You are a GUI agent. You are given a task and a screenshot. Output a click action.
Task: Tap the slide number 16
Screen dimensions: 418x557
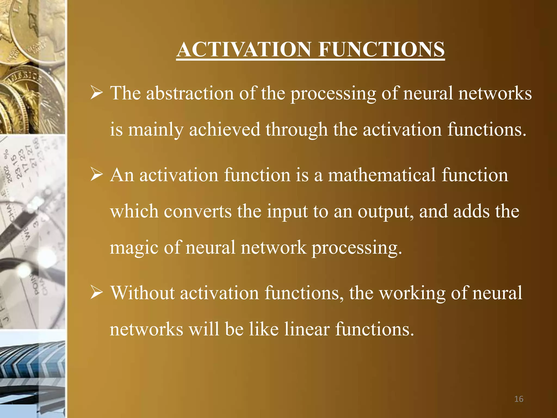click(519, 399)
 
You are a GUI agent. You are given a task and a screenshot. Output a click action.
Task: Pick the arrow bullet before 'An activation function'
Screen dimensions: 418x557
click(97, 175)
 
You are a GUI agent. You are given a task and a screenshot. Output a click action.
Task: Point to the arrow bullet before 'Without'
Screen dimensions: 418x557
click(97, 293)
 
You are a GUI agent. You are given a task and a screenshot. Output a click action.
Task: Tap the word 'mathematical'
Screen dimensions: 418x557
click(382, 175)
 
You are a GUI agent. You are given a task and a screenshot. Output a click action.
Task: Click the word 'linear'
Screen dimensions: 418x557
click(307, 329)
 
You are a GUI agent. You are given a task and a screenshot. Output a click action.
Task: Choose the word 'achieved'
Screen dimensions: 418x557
click(225, 130)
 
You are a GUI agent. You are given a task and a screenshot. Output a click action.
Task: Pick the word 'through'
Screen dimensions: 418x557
click(296, 130)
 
